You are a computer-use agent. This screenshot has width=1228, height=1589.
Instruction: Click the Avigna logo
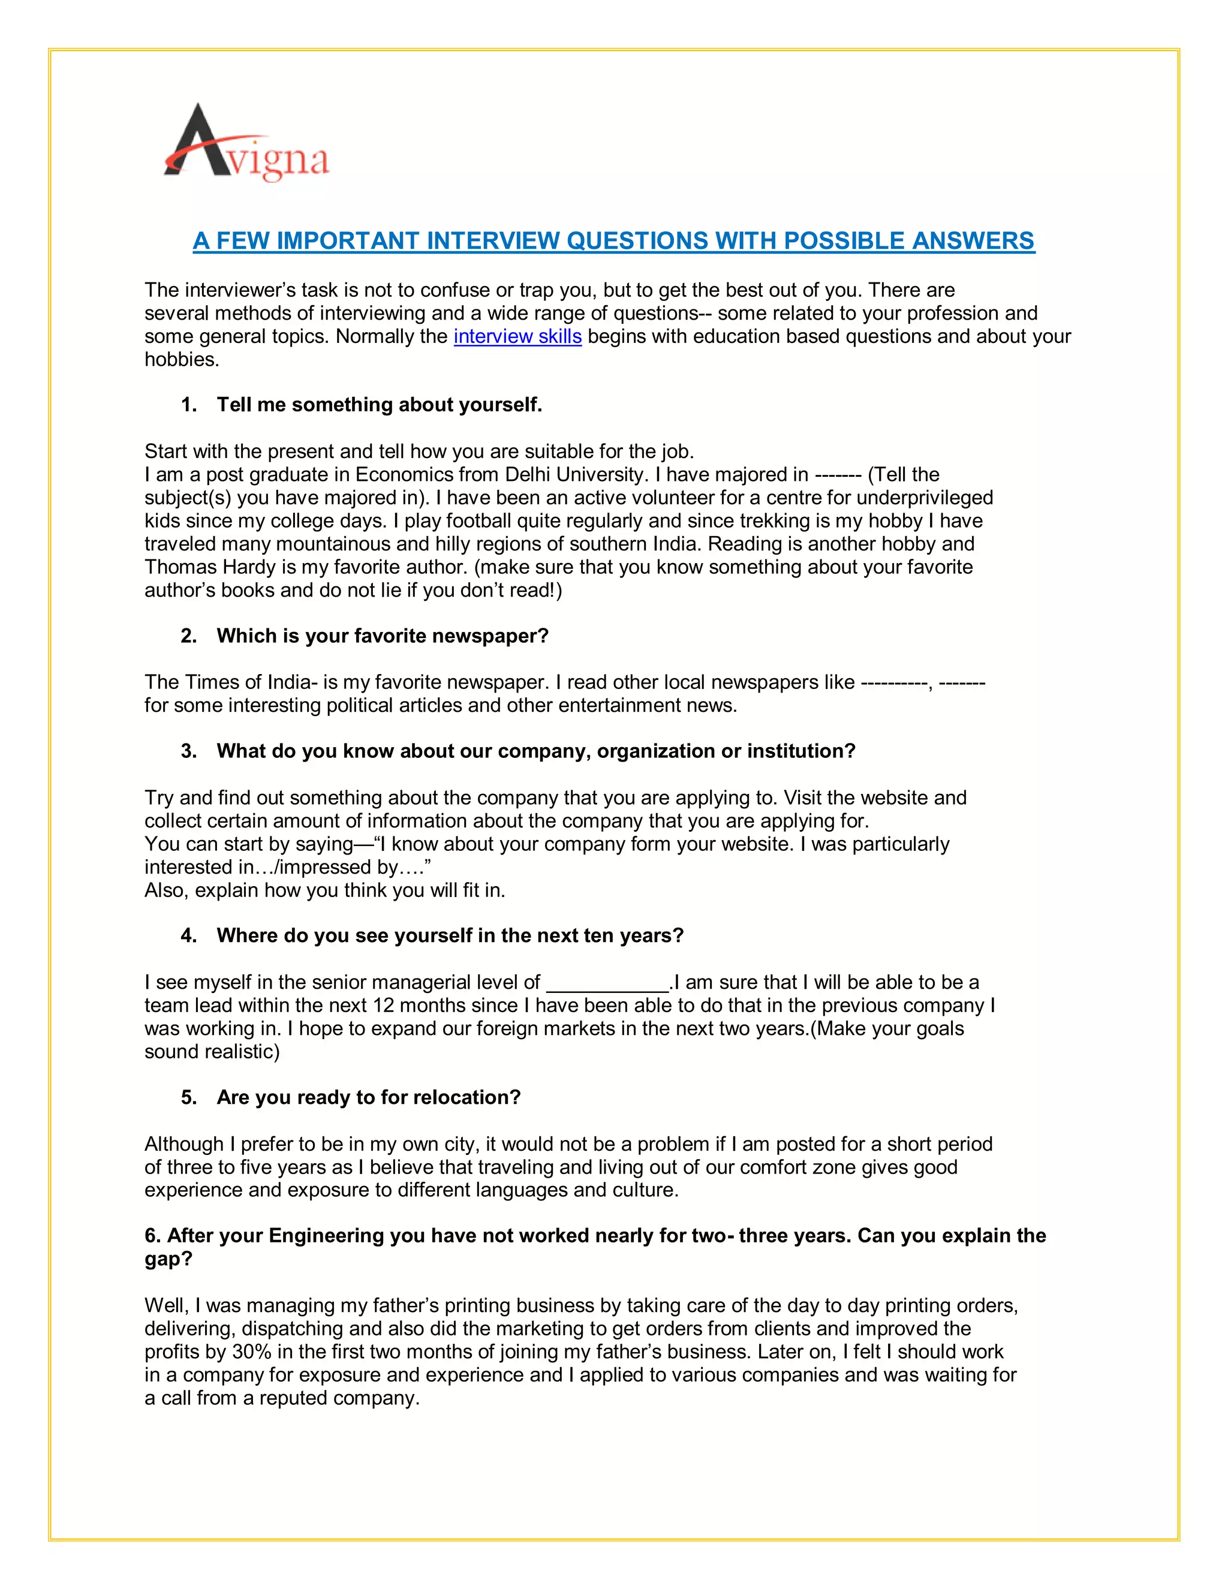246,143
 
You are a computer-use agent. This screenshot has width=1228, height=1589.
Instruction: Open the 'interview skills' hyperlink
517,337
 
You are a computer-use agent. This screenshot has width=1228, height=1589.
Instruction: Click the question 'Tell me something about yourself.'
379,405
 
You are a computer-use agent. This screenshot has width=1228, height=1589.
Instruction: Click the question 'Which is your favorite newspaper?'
382,636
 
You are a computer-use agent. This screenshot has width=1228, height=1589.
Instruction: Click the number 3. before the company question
188,751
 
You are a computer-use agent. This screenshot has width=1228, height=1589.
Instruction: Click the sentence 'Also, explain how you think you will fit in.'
324,890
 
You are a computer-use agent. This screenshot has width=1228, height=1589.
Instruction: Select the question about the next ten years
450,935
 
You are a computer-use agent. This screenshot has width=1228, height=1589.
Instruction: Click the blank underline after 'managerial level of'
607,983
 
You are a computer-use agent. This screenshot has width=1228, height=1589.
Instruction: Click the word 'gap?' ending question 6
168,1259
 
